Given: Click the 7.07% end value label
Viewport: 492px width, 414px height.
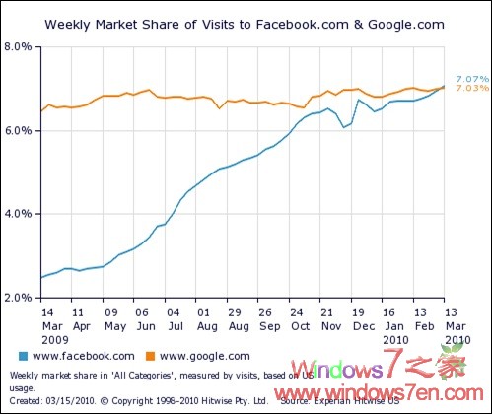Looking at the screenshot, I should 470,79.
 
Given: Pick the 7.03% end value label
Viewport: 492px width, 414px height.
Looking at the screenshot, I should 470,89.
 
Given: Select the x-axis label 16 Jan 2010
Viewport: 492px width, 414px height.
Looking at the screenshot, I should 394,324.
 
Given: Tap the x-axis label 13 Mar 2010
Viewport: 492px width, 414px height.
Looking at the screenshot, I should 456,324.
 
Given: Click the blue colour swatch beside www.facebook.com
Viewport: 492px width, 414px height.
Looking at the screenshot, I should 23,356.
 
